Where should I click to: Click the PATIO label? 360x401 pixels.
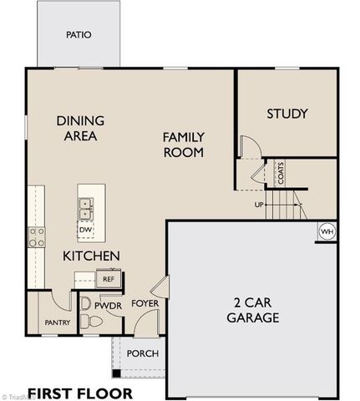79,35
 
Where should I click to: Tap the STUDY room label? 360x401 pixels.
287,114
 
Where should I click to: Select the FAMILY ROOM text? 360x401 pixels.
183,144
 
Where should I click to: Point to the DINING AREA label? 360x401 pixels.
80,128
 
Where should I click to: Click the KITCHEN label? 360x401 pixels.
92,256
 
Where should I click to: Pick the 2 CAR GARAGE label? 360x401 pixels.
251,310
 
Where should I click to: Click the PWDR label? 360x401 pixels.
108,307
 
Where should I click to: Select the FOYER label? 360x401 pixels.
145,303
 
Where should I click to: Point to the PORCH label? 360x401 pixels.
142,353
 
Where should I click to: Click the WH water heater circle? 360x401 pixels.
327,231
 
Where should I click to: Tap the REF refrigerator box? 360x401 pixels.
108,279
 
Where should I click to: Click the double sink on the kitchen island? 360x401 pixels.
86,206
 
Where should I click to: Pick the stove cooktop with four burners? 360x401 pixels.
37,236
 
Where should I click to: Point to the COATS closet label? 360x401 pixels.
281,174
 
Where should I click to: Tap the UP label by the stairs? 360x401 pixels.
260,205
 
